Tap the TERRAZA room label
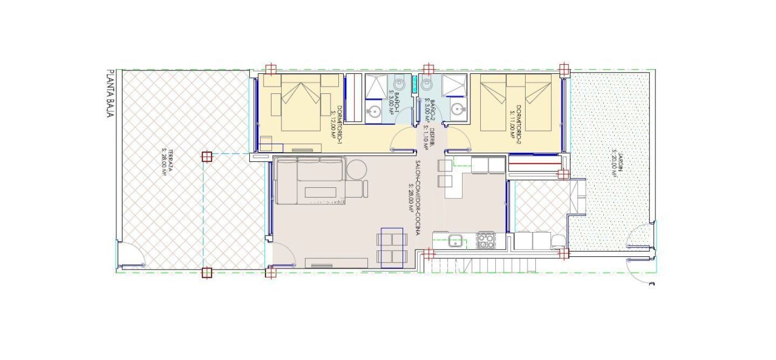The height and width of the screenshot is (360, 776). point(166,162)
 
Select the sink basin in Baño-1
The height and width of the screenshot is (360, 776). point(375,112)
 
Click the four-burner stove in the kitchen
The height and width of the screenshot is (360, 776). point(486,241)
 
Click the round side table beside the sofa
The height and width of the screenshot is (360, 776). point(356,168)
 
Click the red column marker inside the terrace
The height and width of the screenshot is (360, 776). point(206,156)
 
